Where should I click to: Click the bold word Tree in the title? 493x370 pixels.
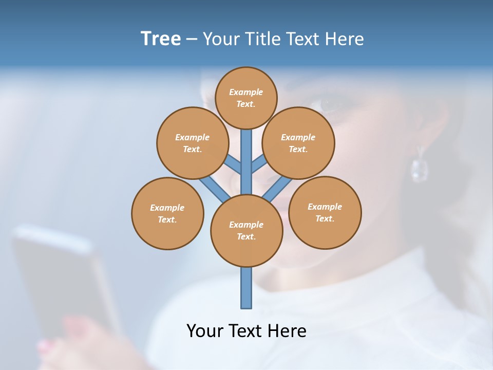[x=161, y=39]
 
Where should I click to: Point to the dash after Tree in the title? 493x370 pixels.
[x=192, y=39]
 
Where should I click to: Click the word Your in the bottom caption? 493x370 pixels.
[x=205, y=331]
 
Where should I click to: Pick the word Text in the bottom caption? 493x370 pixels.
[x=245, y=331]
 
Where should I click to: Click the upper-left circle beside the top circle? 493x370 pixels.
[x=192, y=143]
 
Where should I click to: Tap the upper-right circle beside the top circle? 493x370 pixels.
[x=298, y=143]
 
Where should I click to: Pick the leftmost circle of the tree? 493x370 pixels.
[x=167, y=213]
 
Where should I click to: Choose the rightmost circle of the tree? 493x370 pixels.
[x=325, y=212]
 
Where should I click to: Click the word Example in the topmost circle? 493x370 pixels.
[x=246, y=92]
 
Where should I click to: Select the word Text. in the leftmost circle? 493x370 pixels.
[x=167, y=219]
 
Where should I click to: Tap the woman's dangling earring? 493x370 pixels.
[x=419, y=166]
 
